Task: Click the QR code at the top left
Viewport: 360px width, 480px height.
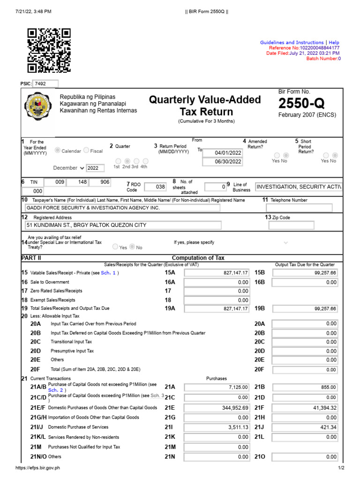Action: pos(49,50)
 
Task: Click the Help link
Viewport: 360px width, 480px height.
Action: pos(334,43)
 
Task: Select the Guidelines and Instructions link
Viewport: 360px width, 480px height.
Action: pos(292,43)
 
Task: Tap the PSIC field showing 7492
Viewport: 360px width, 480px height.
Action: pos(45,84)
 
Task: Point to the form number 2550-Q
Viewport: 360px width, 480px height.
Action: pos(300,103)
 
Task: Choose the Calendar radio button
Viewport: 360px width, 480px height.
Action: pos(58,150)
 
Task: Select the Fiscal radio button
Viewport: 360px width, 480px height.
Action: pos(86,150)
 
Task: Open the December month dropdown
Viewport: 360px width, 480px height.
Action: pos(69,168)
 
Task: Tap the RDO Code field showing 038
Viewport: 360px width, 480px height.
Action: pos(155,187)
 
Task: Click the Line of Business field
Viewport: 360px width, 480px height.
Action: pos(299,187)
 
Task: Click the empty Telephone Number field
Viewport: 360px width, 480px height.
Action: pos(299,208)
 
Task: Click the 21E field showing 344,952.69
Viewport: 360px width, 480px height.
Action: pos(217,408)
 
